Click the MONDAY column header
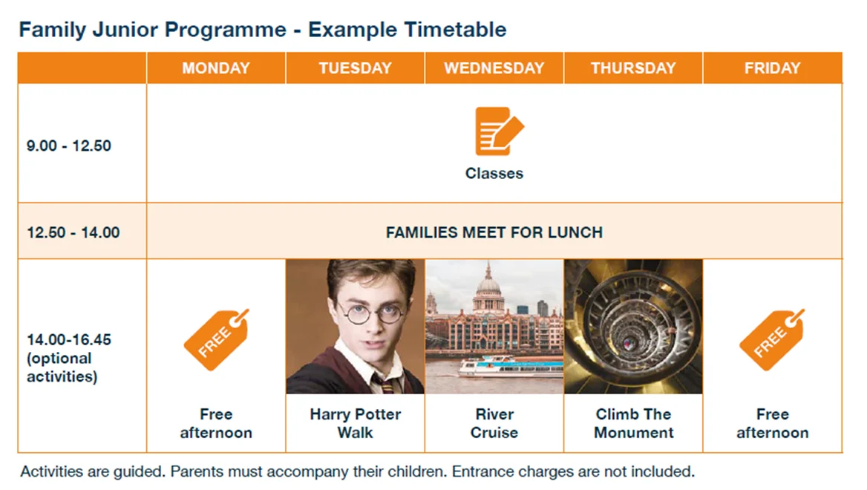(216, 68)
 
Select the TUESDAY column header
(355, 68)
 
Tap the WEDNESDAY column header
(494, 68)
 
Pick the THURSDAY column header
(633, 68)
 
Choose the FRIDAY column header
(773, 68)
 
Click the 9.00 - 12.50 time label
(68, 146)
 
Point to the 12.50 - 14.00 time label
(73, 232)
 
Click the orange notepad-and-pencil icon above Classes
(499, 131)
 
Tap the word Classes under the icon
(494, 173)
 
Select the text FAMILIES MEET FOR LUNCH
(494, 232)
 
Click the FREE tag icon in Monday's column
(216, 339)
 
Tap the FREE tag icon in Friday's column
(772, 339)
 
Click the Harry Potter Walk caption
(355, 423)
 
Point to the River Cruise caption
(494, 423)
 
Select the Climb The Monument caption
(634, 423)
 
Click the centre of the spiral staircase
(628, 343)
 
